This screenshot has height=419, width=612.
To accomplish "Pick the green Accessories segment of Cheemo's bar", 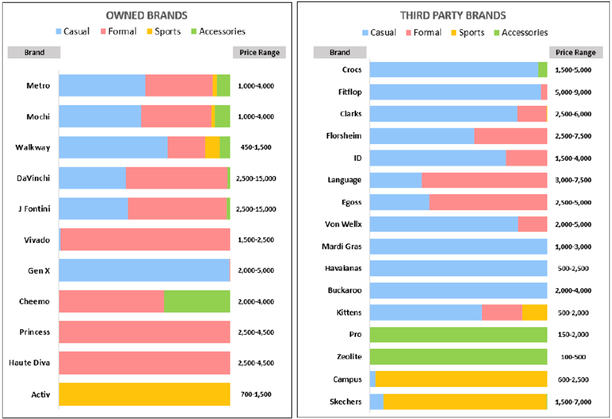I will (x=197, y=302).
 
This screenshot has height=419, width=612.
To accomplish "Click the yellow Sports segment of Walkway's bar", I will (x=212, y=147).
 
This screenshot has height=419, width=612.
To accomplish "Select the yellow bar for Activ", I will (x=145, y=394).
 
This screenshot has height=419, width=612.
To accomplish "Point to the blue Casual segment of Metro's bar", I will (x=102, y=86).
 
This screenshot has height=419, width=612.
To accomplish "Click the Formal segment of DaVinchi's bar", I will (x=176, y=178).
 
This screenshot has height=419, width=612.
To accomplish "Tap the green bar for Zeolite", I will (x=458, y=357).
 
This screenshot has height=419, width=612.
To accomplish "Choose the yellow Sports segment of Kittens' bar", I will (x=535, y=313).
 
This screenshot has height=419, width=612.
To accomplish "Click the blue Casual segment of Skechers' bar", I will (x=376, y=401).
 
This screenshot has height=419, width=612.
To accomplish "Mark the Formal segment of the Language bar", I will (x=484, y=181).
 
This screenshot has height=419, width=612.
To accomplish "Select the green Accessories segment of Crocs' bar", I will (x=542, y=70).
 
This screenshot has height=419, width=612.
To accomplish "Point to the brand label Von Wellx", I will (x=343, y=225).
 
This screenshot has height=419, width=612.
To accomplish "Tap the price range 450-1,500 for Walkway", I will (x=256, y=147).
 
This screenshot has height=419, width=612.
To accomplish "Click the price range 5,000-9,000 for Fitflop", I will (x=573, y=93).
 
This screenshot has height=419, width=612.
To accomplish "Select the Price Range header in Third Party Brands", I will (x=576, y=53).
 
